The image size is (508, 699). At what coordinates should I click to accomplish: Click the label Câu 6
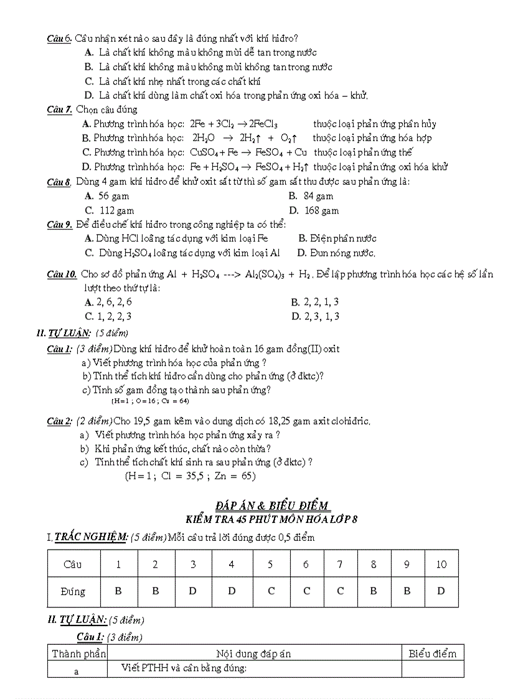tap(60, 39)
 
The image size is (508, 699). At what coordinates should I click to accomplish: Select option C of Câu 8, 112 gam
tap(110, 210)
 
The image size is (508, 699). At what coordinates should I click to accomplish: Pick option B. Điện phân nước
tap(337, 238)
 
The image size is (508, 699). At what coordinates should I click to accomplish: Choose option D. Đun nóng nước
tap(336, 253)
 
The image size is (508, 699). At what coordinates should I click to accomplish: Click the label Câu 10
tap(62, 274)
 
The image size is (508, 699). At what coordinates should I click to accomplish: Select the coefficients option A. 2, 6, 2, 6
tap(108, 302)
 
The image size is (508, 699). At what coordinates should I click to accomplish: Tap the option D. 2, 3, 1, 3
tap(315, 316)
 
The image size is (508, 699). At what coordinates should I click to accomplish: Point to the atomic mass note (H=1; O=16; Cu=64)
tap(154, 401)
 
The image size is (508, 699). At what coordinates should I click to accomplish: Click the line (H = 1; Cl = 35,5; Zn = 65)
tap(190, 476)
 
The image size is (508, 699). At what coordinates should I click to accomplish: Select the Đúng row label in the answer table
tap(73, 591)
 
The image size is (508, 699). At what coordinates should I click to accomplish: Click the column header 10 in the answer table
tap(441, 565)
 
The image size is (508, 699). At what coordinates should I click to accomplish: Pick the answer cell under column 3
tap(193, 591)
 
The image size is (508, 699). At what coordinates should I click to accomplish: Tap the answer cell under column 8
tap(373, 591)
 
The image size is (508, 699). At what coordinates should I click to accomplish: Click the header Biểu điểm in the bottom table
tap(432, 653)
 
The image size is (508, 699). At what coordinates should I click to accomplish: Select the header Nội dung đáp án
tap(253, 653)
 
